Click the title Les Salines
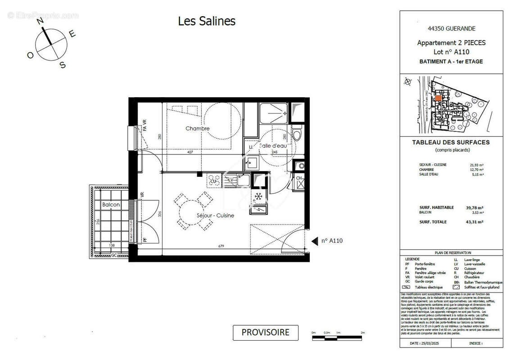pos(207,21)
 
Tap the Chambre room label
pos(198,129)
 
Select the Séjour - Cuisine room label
pos(215,216)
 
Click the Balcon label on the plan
pos(111,205)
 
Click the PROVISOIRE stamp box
pos(265,333)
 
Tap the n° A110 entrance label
pos(332,241)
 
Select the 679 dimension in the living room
pos(220,246)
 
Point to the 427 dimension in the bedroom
pos(190,153)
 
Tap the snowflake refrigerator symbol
pos(258,196)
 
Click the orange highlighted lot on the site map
pos(438,98)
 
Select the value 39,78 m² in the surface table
pos(474,207)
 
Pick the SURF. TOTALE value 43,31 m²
pos(474,222)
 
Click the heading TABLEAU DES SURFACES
pos(451,143)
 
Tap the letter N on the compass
pos(40,21)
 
